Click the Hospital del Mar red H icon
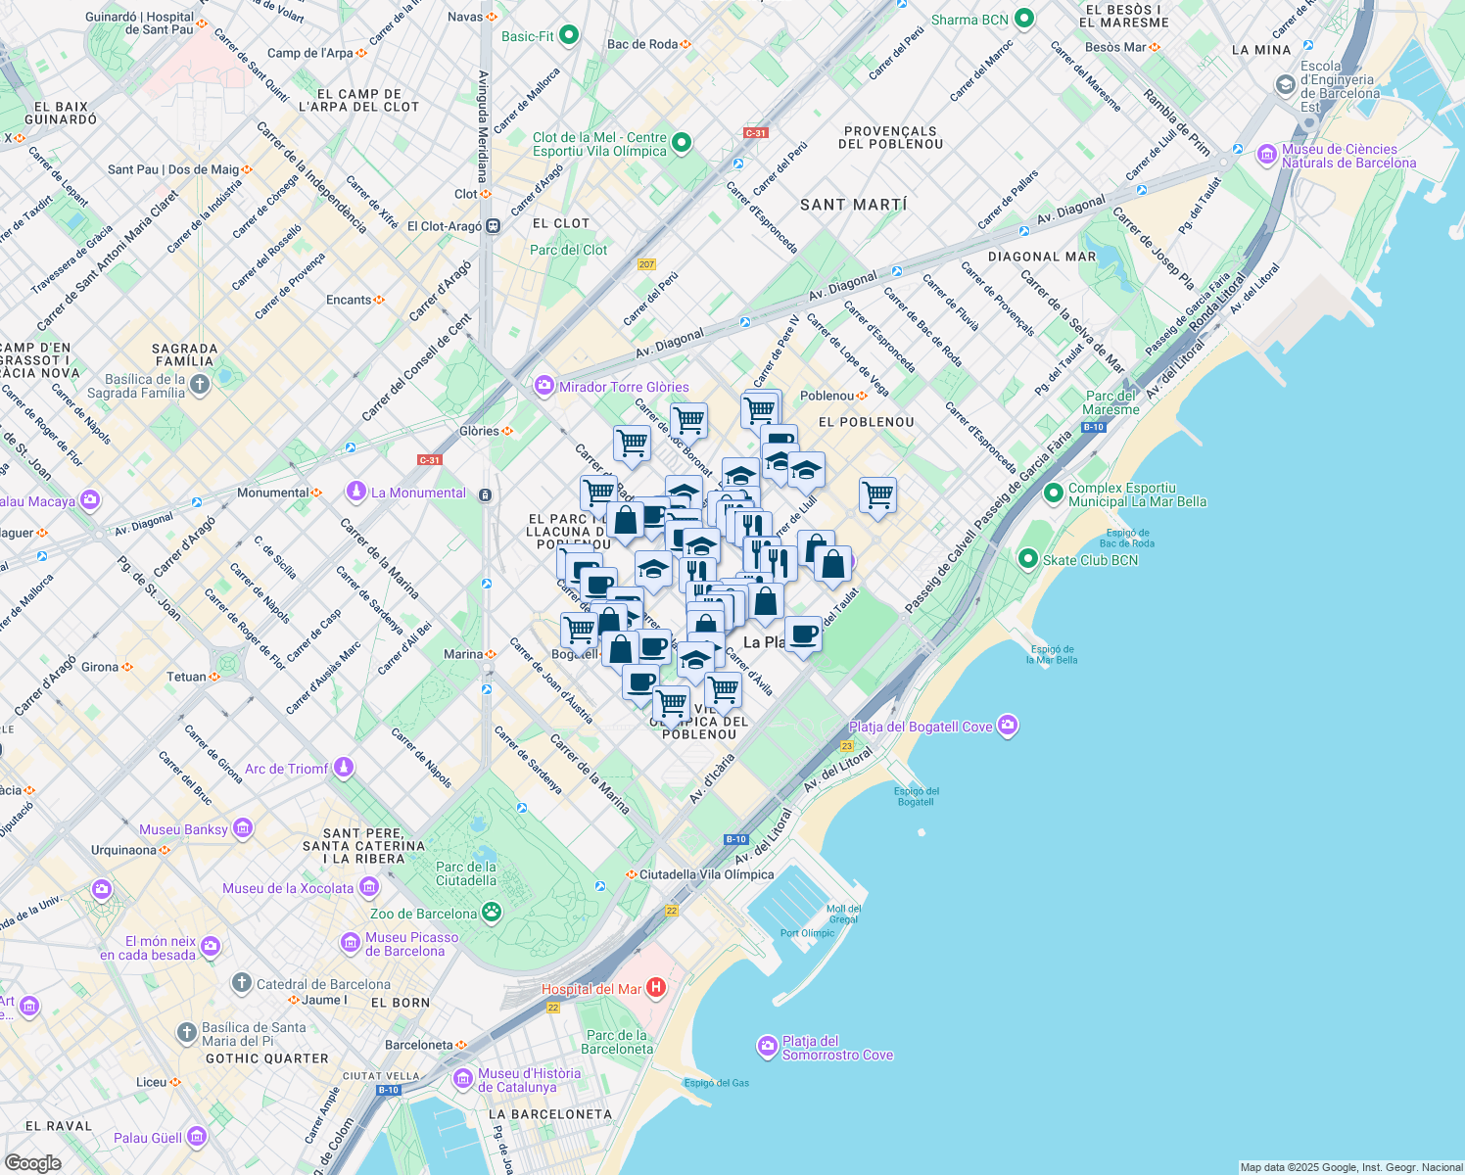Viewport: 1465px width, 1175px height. point(656,988)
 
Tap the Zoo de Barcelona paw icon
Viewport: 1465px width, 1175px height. point(492,913)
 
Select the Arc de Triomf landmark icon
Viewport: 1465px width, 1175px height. point(343,768)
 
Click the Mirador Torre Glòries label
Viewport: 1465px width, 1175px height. point(624,387)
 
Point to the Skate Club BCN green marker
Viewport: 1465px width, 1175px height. point(1027,559)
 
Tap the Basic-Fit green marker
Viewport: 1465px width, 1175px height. point(568,36)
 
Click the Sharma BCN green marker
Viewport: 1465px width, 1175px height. point(1024,19)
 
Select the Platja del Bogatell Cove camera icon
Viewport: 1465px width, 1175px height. point(1008,726)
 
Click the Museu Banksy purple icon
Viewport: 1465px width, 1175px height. point(242,829)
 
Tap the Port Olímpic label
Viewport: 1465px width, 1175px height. point(807,933)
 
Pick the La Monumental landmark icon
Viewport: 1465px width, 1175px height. point(355,492)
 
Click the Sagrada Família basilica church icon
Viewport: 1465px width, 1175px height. point(200,385)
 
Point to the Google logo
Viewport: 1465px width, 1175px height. point(32,1162)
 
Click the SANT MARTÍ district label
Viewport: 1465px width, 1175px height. point(853,205)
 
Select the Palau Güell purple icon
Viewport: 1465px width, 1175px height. point(197,1137)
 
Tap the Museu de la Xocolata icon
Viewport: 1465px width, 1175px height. point(369,887)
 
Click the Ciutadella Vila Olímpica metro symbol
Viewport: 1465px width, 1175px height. point(632,874)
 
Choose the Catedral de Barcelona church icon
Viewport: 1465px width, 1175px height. point(242,983)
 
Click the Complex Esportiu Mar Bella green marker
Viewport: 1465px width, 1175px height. point(1054,493)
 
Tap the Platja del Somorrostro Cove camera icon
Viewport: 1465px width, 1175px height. point(767,1047)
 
